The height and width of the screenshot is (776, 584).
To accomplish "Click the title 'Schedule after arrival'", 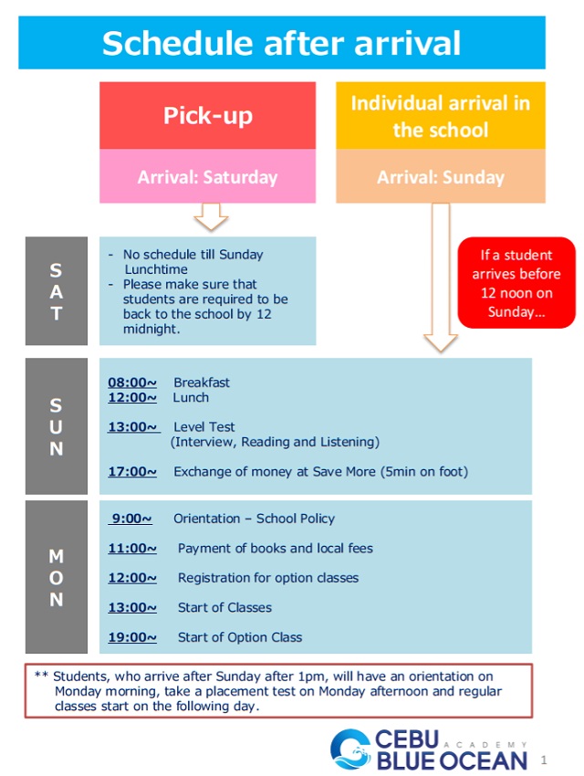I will pos(281,43).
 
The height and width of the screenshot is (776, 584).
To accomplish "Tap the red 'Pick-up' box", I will pos(207,116).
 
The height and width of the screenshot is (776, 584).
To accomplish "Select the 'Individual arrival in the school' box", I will pos(440,116).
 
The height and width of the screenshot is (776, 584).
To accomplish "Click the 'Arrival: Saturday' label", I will pos(207,177).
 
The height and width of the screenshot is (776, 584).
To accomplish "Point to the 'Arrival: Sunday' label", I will pos(440,177).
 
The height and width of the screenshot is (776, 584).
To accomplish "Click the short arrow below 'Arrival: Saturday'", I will pos(211,217).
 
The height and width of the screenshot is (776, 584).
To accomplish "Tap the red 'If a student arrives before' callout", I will pos(516,283).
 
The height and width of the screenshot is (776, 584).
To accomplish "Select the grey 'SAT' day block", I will pos(57,292).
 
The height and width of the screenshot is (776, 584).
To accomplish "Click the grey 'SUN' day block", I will pos(57,426).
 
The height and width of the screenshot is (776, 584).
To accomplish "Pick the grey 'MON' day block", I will pos(57,577).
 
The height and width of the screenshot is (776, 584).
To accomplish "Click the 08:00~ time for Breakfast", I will pos(132,383).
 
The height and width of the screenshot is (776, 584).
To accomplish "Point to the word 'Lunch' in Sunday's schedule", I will pos(191,398).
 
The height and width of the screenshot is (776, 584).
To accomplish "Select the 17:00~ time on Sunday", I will pos(132,472).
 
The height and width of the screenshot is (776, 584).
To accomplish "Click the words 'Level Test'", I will pos(204,426).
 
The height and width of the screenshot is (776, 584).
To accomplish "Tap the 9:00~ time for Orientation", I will pos(132,519).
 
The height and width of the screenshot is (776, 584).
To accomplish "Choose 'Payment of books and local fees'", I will pos(275,549).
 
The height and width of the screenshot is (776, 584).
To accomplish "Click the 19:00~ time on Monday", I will pos(132,637).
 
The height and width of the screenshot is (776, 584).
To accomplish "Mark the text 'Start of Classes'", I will pos(224,607).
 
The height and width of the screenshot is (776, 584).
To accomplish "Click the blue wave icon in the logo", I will pos(350,750).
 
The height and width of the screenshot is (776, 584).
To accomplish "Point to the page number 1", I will pos(544,760).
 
